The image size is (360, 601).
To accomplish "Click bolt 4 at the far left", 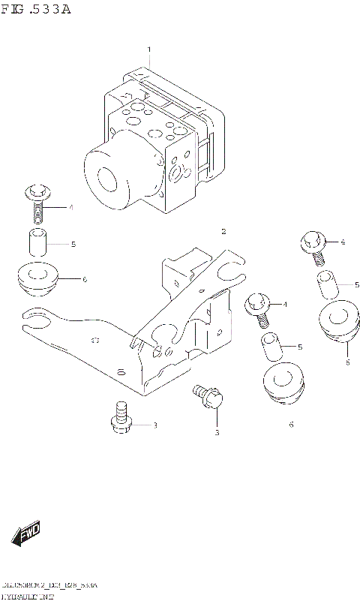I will pos(37,199).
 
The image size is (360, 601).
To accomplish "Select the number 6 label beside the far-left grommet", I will pos(85,279).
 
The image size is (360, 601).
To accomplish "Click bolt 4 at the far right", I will pos(313,247).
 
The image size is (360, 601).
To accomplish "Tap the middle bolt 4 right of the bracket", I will pos(258,308).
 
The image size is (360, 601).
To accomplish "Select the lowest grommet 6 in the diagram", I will pos(283,385).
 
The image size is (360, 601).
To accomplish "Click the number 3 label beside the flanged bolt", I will pos(155,426).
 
